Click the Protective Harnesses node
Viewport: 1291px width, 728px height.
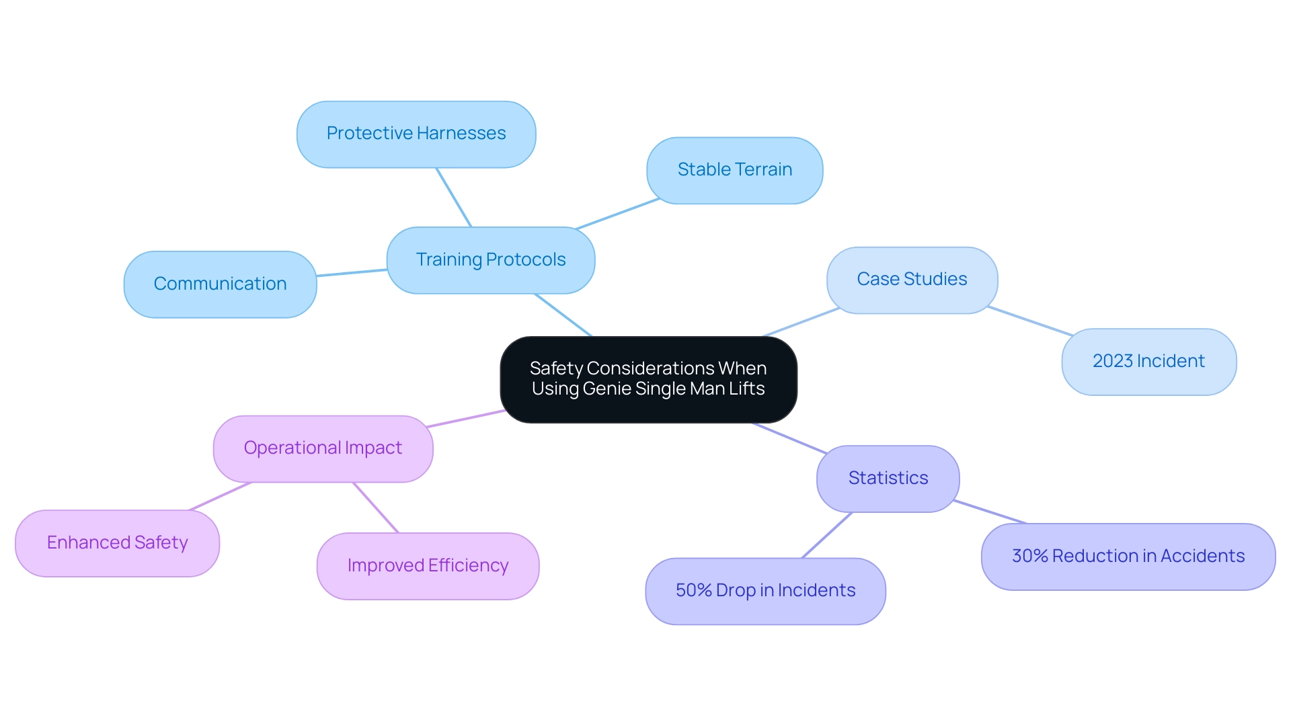(x=416, y=134)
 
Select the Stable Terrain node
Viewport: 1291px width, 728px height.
(x=734, y=170)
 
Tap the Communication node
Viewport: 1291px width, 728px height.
(x=220, y=284)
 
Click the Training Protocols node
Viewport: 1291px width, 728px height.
(x=491, y=260)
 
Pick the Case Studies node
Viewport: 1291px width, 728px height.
(x=912, y=280)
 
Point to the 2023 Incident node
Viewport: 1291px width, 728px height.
(x=1148, y=362)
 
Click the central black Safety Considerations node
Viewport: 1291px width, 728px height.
(x=648, y=379)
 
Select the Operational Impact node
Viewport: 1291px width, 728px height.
(x=323, y=448)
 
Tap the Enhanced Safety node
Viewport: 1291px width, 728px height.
(x=117, y=543)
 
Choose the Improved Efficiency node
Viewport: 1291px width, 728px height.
(x=428, y=566)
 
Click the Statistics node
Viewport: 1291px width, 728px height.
(x=888, y=479)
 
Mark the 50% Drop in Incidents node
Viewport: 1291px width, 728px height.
(x=765, y=591)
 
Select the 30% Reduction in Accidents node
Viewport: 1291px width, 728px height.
(x=1128, y=557)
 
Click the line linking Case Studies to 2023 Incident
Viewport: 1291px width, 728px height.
(x=1030, y=321)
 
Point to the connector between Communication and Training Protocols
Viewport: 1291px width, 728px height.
(x=352, y=272)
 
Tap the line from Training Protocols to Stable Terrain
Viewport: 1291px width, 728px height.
(x=617, y=214)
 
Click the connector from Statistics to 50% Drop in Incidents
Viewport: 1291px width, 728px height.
(x=827, y=535)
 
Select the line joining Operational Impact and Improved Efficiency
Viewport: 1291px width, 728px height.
(x=376, y=508)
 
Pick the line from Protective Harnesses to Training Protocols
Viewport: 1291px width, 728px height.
(x=454, y=197)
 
